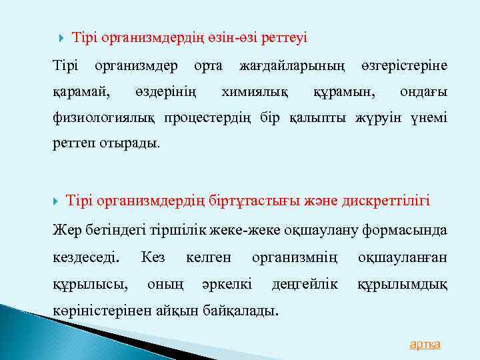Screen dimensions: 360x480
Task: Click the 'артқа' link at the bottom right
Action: tap(425, 344)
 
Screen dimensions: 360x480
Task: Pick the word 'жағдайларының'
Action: tap(292, 65)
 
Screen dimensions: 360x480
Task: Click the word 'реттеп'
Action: tap(73, 143)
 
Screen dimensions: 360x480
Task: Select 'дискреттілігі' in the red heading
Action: tap(386, 200)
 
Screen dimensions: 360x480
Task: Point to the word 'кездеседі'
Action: tap(86, 256)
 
